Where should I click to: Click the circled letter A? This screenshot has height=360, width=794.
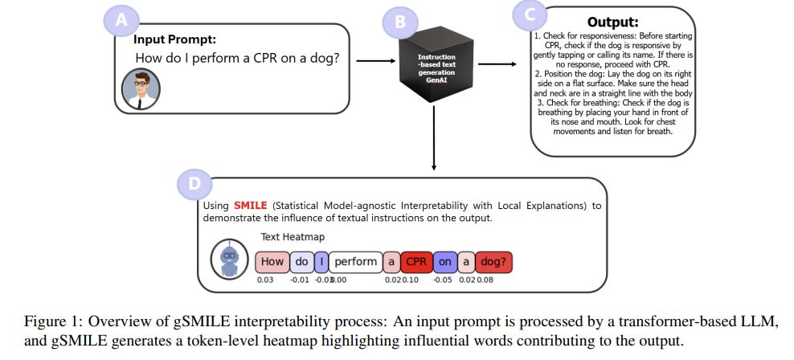click(123, 22)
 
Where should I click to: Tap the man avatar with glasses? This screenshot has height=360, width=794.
click(140, 88)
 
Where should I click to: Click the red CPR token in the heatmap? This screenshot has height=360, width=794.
click(416, 262)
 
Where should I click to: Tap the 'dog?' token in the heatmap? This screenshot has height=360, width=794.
click(494, 262)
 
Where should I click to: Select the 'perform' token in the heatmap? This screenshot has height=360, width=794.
click(355, 262)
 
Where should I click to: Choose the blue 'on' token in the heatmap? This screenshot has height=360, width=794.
click(444, 262)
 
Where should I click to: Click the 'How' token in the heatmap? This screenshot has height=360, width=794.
click(272, 262)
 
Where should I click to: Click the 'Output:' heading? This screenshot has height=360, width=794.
click(614, 22)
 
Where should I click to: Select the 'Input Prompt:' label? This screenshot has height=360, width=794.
click(174, 39)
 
